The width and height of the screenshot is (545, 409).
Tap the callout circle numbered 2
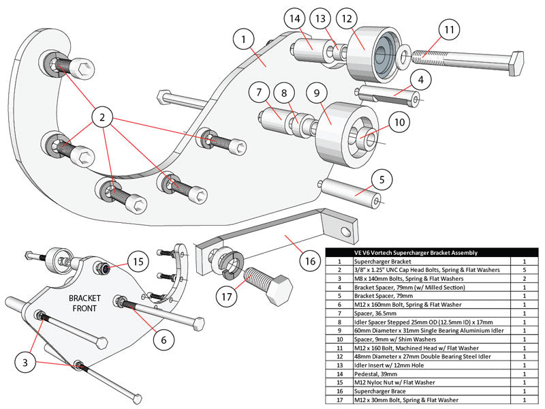pos(102,118)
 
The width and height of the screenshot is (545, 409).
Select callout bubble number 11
pos(448,30)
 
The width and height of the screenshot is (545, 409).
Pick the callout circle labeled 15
pos(139,262)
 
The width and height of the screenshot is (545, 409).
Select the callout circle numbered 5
pos(382,180)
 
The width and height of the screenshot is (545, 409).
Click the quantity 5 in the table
pos(525,270)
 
